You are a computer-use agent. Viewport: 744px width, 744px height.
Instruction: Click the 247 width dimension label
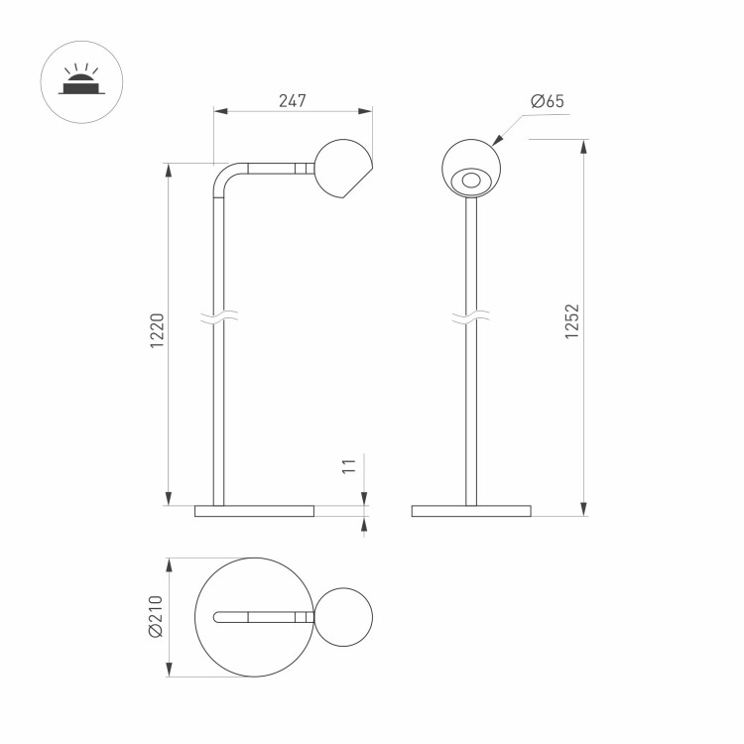(x=293, y=101)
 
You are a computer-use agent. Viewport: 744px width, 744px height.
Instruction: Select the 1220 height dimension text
(x=157, y=330)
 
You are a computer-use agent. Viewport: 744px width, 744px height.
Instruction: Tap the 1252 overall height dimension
(x=572, y=321)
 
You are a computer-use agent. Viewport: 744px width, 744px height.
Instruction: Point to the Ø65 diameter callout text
(x=548, y=101)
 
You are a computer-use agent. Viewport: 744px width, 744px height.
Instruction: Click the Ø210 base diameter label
(x=156, y=617)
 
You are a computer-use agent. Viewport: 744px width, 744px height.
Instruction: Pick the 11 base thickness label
(x=349, y=466)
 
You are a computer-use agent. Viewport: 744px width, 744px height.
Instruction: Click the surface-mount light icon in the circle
(x=81, y=79)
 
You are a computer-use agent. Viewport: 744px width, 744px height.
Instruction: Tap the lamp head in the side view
(x=343, y=169)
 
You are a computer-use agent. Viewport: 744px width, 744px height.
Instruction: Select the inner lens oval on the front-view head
(x=471, y=181)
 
